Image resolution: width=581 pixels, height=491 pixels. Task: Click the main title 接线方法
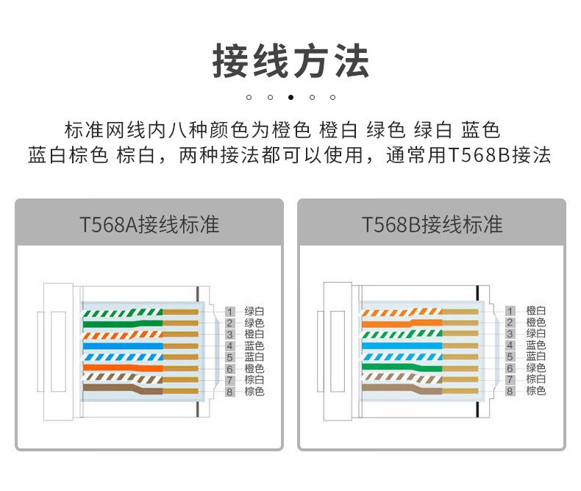pyautogui.click(x=291, y=61)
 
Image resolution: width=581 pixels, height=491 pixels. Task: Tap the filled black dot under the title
pyautogui.click(x=291, y=97)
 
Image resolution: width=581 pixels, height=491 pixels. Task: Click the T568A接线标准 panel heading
pyautogui.click(x=149, y=224)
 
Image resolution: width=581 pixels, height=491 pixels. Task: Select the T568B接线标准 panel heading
pyautogui.click(x=432, y=224)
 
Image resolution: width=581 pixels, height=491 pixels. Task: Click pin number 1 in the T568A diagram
pyautogui.click(x=229, y=312)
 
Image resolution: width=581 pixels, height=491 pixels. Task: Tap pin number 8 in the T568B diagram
pyautogui.click(x=510, y=391)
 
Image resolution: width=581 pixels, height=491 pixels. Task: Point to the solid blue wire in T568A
pyautogui.click(x=123, y=346)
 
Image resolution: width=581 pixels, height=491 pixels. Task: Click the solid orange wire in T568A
pyautogui.click(x=123, y=368)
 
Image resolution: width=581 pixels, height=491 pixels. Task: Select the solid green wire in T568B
pyautogui.click(x=402, y=368)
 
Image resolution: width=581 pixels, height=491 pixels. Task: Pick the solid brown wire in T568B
pyautogui.click(x=402, y=389)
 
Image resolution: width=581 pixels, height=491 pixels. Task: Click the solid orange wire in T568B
pyautogui.click(x=402, y=323)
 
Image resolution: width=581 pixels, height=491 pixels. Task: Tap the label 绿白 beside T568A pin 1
pyautogui.click(x=254, y=312)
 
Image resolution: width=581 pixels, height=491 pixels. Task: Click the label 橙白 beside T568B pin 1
pyautogui.click(x=536, y=311)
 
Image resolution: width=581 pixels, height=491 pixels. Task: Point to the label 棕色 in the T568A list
pyautogui.click(x=254, y=391)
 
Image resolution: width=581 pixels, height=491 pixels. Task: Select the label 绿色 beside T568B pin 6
pyautogui.click(x=536, y=368)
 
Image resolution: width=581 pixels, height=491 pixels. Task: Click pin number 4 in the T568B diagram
pyautogui.click(x=510, y=345)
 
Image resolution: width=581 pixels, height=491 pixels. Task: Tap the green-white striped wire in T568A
pyautogui.click(x=123, y=313)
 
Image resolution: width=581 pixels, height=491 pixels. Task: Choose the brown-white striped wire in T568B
pyautogui.click(x=402, y=378)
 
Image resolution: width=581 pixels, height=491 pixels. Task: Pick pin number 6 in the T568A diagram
pyautogui.click(x=229, y=369)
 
